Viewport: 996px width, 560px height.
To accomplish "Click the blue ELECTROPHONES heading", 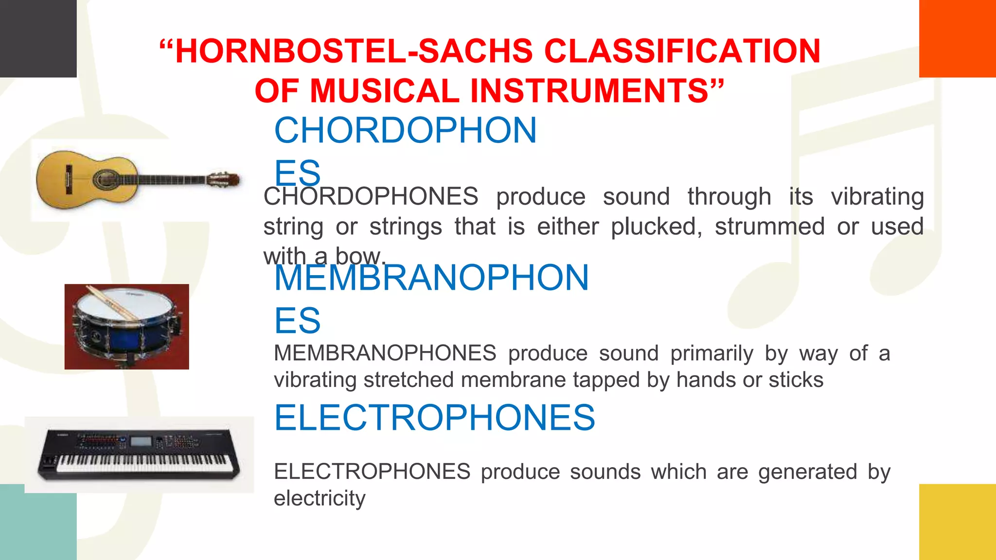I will (x=434, y=418).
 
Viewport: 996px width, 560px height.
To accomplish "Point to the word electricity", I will (x=320, y=498).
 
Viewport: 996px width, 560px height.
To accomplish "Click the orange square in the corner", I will (x=957, y=38).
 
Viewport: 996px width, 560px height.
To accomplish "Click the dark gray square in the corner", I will (x=38, y=38).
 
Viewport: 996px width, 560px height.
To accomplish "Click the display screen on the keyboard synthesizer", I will (x=142, y=441).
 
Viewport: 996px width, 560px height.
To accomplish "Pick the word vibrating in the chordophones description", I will (x=877, y=197).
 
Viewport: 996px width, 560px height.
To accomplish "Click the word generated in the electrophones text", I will (x=807, y=472).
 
